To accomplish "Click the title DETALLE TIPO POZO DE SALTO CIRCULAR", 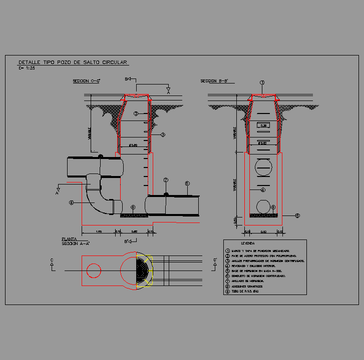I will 73,62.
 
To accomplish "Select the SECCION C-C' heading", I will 87,81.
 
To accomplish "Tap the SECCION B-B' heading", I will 214,81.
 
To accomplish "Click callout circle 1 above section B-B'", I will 262,83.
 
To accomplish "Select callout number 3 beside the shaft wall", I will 163,135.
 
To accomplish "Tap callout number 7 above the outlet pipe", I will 166,180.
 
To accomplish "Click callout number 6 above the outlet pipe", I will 187,183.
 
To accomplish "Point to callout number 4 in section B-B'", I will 263,190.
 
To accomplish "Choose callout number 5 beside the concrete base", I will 297,216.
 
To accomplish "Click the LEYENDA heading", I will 248,243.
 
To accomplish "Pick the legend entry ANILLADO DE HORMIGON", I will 248,280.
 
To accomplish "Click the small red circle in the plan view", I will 94,270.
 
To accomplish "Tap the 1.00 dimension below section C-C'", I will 99,231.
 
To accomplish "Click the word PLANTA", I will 69,239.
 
